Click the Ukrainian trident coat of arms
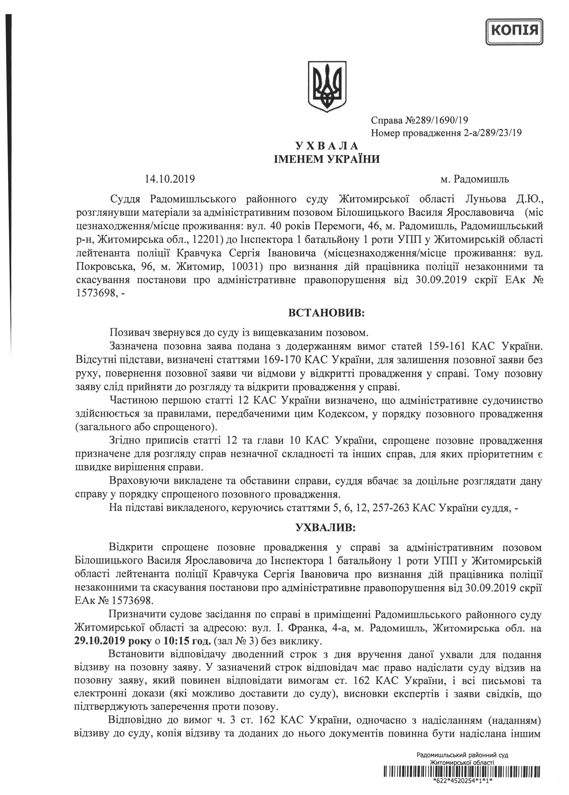coord(326,87)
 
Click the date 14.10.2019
coord(170,180)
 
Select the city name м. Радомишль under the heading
coord(475,180)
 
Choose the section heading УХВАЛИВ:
coord(326,528)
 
